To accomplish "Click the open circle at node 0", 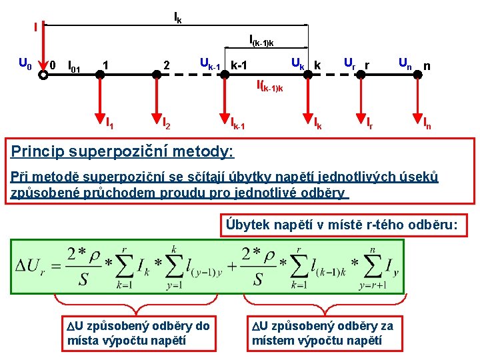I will tap(43, 75).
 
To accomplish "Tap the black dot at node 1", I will tap(100, 75).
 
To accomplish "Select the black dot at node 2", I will tap(157, 75).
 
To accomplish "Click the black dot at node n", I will tap(418, 75).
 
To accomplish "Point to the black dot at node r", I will tap(360, 75).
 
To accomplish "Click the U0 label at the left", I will tap(25, 65).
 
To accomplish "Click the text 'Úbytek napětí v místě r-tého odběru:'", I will tap(341, 225).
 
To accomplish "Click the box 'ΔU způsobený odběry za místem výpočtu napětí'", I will tap(323, 333).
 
